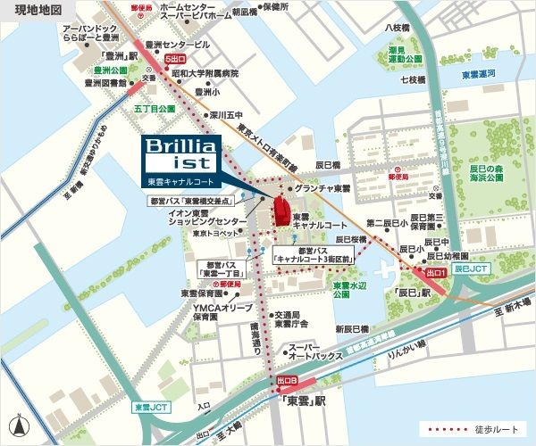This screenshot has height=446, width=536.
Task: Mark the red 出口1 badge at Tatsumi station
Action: [435, 271]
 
